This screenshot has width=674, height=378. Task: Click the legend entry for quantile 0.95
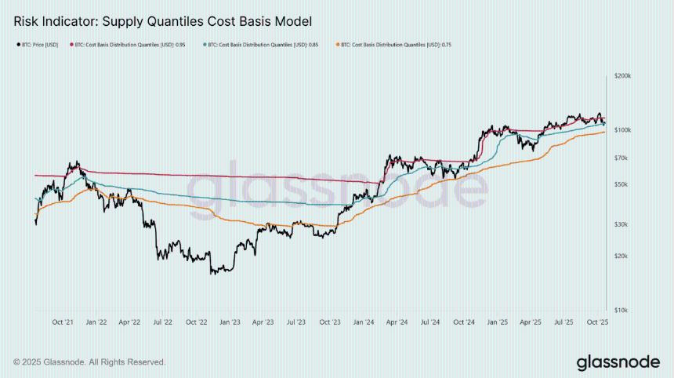click(129, 45)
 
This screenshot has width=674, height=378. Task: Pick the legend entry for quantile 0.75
click(395, 45)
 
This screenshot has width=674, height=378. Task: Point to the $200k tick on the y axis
click(623, 76)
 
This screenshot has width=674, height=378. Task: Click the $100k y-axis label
click(623, 129)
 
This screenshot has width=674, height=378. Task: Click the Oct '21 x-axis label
click(63, 322)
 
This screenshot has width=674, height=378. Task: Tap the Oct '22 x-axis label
click(196, 322)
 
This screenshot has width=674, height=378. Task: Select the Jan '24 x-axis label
click(364, 322)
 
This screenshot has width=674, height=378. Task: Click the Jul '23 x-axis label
click(296, 322)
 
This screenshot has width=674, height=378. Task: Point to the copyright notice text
click(89, 362)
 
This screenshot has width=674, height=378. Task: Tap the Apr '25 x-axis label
click(531, 322)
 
